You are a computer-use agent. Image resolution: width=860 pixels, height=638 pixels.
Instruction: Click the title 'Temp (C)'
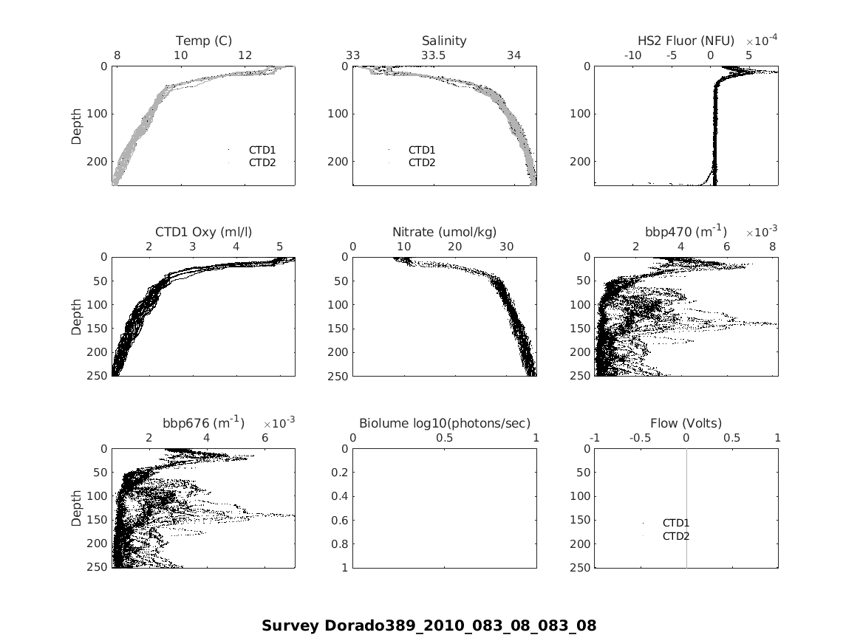coord(203,41)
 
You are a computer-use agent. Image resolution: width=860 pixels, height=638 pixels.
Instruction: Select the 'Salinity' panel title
coord(444,41)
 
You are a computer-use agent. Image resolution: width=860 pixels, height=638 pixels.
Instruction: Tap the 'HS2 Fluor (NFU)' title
coord(686,41)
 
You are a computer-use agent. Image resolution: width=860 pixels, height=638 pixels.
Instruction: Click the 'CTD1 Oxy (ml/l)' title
coord(203,232)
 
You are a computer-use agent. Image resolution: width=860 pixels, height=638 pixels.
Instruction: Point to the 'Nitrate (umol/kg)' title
coord(444,232)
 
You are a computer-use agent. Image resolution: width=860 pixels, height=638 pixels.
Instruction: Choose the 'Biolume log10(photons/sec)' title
coord(444,423)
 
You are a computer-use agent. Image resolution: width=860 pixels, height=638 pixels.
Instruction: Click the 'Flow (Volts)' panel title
coord(686,423)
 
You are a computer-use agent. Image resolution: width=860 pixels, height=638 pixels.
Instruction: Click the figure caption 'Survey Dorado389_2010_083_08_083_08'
coord(429,625)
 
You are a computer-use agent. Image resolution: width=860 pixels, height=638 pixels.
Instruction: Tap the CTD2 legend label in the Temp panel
coord(262,162)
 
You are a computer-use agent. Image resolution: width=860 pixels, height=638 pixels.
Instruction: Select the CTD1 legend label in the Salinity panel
coord(422,150)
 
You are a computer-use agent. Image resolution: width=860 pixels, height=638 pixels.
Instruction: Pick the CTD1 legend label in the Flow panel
coord(675,524)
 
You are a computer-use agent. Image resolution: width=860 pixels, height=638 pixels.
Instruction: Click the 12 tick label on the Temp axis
coord(245,55)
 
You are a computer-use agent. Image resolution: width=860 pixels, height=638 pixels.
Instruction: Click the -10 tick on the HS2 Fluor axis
coord(632,55)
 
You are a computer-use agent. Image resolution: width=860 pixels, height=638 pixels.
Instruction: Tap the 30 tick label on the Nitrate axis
coord(507,247)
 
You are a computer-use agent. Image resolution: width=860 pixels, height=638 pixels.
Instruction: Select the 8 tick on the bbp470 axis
coord(773,247)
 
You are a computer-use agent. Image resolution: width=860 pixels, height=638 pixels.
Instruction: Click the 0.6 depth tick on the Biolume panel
coord(339,521)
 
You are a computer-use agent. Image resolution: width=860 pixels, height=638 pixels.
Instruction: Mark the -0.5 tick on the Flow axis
coord(640,438)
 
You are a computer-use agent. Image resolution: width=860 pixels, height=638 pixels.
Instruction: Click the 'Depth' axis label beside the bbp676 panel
coord(77,508)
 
